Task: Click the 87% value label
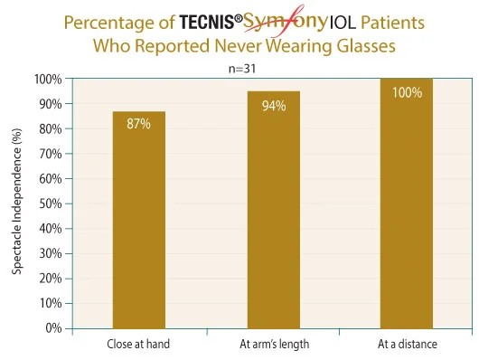[x=138, y=123]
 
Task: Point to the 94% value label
[x=273, y=106]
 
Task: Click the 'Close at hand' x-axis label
[x=138, y=344]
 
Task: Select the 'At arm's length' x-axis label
[x=273, y=344]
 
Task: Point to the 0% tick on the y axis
[x=52, y=328]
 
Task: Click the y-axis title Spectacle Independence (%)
[x=16, y=204]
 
